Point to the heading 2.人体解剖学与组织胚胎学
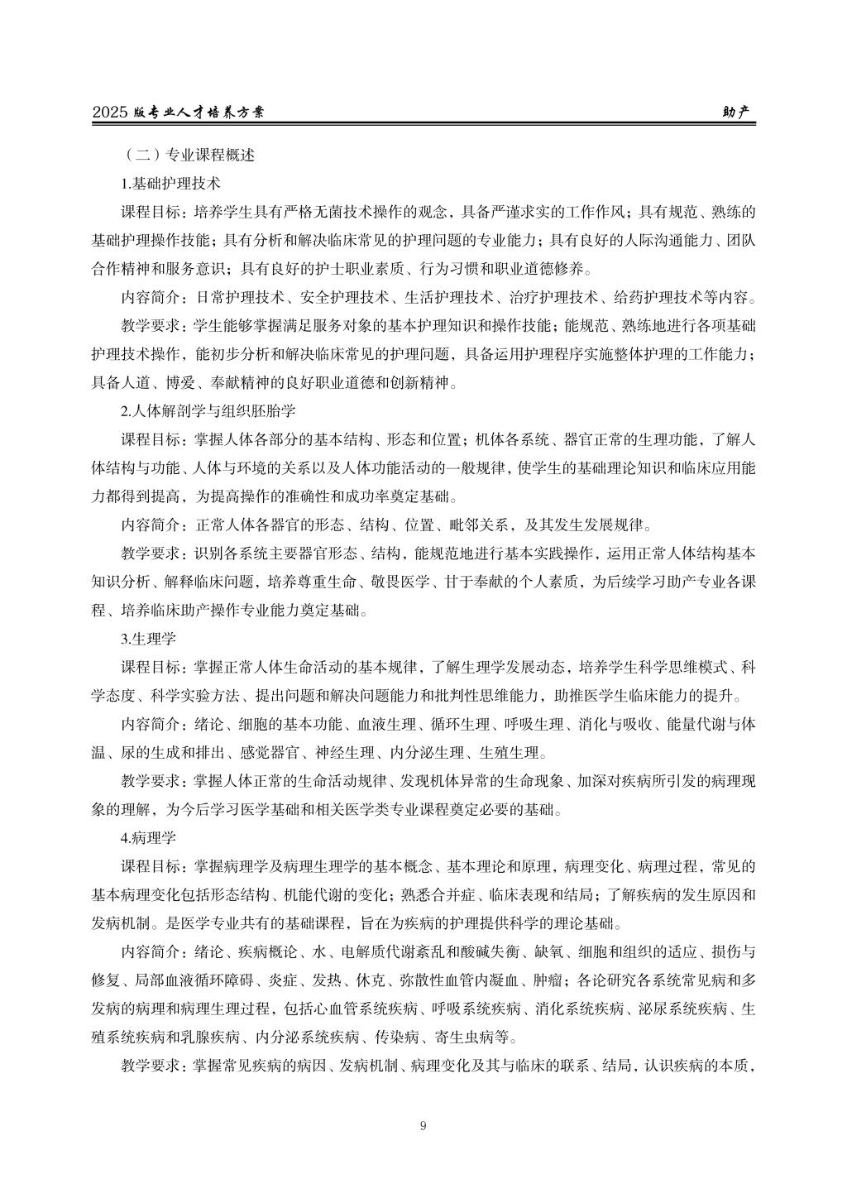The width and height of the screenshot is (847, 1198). click(x=208, y=410)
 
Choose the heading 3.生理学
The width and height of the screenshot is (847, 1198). click(x=148, y=638)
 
